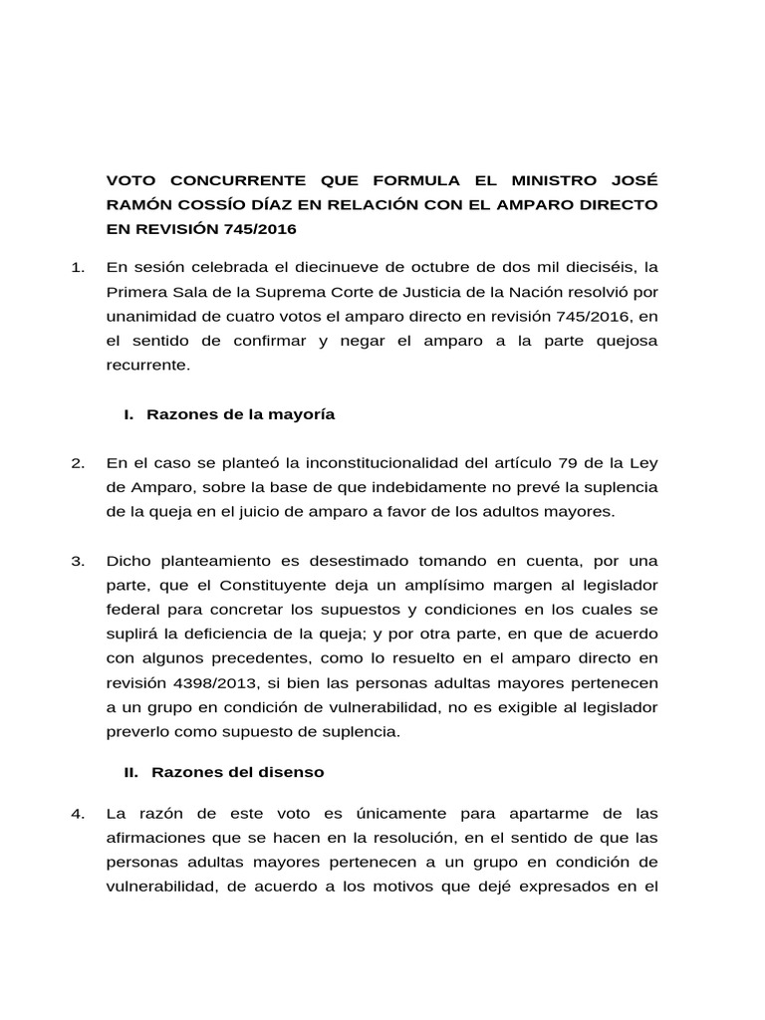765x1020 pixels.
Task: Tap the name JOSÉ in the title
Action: [634, 181]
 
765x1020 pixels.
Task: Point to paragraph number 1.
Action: [79, 268]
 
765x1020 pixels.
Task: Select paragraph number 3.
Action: [79, 561]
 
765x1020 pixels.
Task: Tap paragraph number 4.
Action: [79, 814]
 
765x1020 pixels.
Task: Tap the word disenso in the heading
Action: [289, 771]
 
